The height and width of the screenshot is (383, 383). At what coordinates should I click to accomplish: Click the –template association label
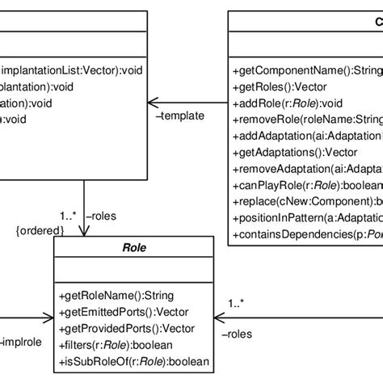[x=177, y=116]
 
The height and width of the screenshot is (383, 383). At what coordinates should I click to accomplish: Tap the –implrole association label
[x=22, y=340]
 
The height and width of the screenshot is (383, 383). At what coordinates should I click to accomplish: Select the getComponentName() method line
[x=307, y=70]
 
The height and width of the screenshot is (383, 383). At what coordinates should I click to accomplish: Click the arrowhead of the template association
[x=151, y=103]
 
